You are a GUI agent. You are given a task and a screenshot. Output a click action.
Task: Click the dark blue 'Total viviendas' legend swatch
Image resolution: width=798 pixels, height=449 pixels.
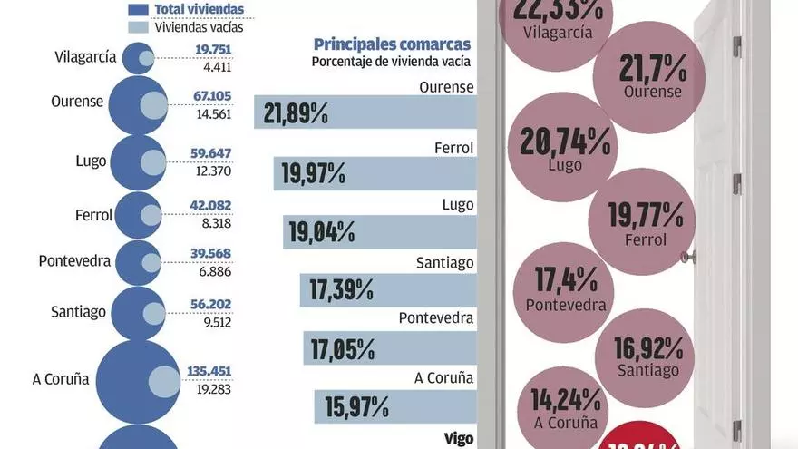click(138, 10)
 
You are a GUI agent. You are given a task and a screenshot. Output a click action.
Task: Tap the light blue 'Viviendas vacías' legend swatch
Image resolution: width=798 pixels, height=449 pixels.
click(138, 27)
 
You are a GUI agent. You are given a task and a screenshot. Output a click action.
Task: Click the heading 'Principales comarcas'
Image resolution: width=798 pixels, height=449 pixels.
click(392, 44)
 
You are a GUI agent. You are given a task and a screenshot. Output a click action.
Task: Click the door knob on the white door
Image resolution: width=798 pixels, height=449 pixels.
click(691, 257)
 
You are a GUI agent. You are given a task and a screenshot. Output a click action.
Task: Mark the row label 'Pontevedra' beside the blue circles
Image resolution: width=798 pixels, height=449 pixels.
click(74, 261)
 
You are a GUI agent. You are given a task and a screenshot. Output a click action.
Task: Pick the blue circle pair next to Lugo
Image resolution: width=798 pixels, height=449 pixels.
click(139, 161)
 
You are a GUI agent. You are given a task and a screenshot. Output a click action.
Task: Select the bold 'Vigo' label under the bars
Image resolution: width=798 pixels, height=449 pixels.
click(459, 438)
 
